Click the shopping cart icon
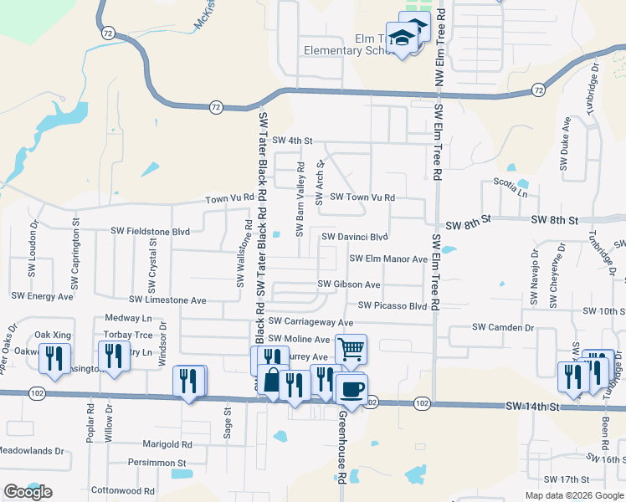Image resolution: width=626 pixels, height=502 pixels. [x=351, y=347]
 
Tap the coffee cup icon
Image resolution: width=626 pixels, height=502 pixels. [x=351, y=388]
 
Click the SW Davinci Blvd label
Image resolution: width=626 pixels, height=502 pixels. [x=356, y=237]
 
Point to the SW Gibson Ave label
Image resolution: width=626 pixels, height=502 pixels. [x=348, y=284]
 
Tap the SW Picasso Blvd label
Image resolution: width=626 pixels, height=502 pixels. [x=393, y=306]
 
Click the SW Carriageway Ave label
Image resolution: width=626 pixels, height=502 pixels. [x=310, y=321]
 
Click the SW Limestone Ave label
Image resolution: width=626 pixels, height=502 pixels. [x=167, y=300]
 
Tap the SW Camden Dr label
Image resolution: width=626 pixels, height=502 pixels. [x=503, y=327]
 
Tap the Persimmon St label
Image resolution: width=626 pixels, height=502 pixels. [x=156, y=462]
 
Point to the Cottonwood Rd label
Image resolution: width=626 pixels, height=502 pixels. [x=122, y=491]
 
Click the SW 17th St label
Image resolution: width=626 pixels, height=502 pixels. [x=567, y=479]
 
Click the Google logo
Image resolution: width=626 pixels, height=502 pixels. [x=28, y=492]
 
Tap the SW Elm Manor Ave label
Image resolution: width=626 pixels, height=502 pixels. [x=388, y=259]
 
